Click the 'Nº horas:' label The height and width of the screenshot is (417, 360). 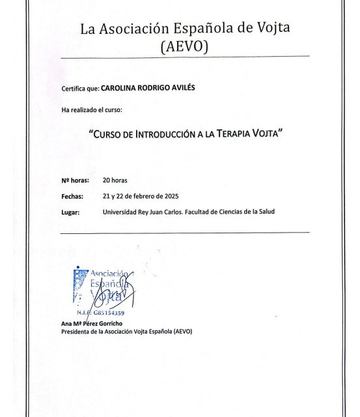point(76,178)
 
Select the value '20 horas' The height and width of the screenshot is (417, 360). point(116,178)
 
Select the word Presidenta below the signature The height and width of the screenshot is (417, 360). point(76,331)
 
